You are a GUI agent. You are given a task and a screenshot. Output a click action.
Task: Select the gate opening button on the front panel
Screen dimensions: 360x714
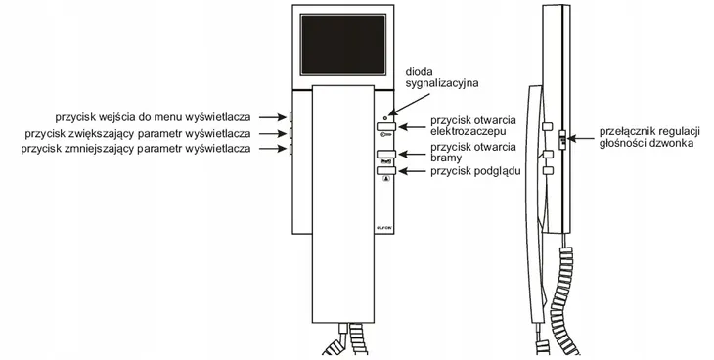point(382,154)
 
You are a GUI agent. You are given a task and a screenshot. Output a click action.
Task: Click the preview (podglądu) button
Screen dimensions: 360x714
point(382,171)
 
